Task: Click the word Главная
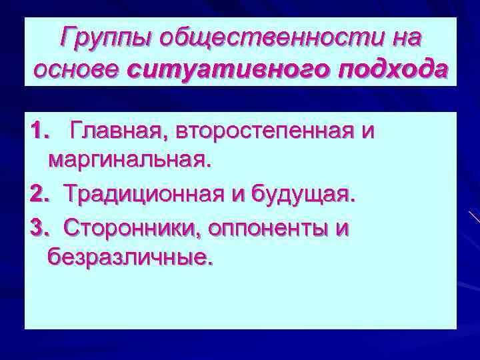click(x=121, y=131)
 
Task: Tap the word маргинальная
click(x=130, y=161)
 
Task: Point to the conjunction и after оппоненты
click(x=342, y=228)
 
